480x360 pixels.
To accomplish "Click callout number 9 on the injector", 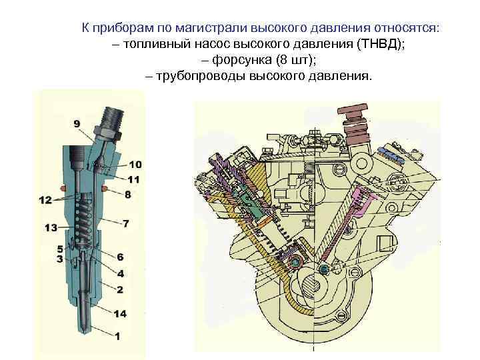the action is click(77, 123).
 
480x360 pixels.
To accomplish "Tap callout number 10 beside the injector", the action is click(135, 165).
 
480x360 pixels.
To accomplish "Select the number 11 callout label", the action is click(135, 179).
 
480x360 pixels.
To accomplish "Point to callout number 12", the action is click(45, 199).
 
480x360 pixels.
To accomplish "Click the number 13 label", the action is click(51, 228).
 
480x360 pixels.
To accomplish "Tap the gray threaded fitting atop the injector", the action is click(109, 121).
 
